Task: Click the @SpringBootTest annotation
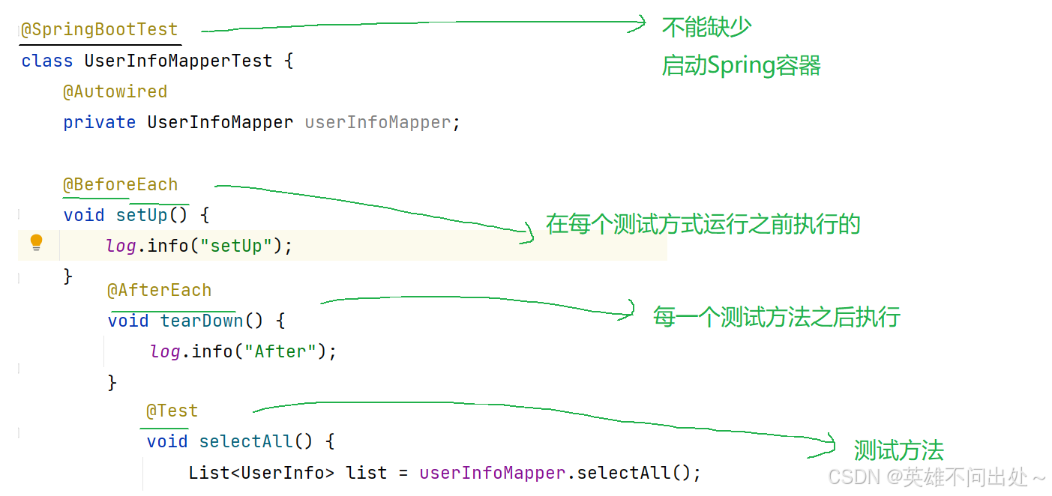click(x=99, y=30)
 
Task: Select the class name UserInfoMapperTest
click(x=178, y=61)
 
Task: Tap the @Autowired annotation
click(x=115, y=91)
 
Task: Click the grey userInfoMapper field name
click(x=378, y=122)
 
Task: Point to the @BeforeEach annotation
click(x=120, y=184)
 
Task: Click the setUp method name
click(x=142, y=215)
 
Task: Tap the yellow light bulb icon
click(x=36, y=243)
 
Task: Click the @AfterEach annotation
click(x=159, y=290)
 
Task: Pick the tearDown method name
click(x=202, y=321)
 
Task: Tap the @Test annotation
click(x=172, y=411)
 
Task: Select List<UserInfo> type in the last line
click(x=261, y=473)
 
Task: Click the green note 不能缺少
click(x=706, y=28)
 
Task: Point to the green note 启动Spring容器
click(x=741, y=66)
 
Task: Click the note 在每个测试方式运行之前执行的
click(x=703, y=224)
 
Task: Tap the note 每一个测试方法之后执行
click(x=776, y=317)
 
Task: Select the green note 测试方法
click(x=898, y=450)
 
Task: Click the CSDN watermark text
click(x=937, y=477)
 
